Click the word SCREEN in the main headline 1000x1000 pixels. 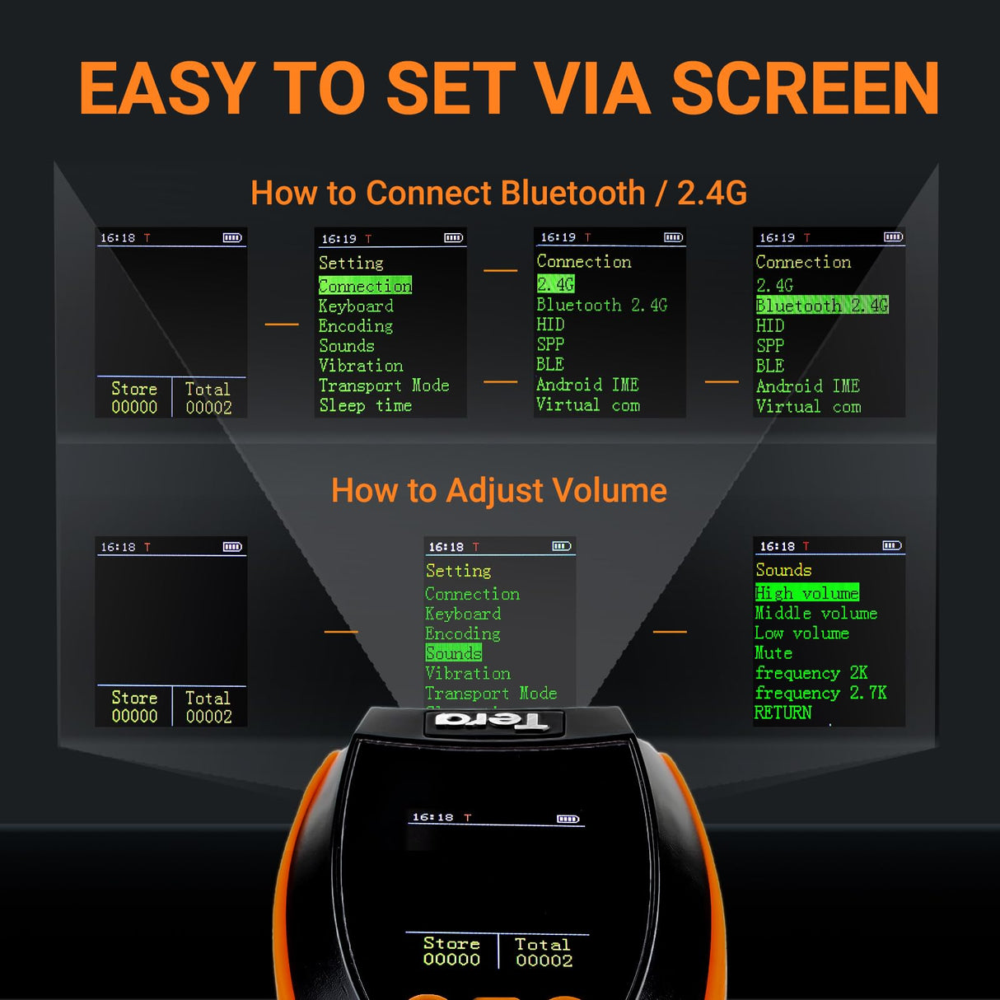[x=805, y=89]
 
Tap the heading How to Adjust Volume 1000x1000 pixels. [x=498, y=490]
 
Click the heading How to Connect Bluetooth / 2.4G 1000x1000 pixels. [x=498, y=193]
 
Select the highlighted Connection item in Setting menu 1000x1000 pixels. [x=365, y=286]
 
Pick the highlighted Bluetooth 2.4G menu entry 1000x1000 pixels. [x=821, y=306]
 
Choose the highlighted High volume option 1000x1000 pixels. [x=806, y=593]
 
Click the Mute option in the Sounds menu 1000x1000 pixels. [x=773, y=653]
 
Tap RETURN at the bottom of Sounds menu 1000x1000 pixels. [x=783, y=713]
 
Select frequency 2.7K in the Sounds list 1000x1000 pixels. [x=820, y=693]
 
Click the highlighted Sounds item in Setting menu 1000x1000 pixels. [x=453, y=653]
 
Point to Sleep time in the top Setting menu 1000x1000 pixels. [x=365, y=405]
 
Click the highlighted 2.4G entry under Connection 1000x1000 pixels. [x=555, y=284]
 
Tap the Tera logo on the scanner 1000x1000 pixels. [x=492, y=722]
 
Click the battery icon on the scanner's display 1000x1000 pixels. [x=568, y=819]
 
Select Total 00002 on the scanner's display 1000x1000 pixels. [x=544, y=952]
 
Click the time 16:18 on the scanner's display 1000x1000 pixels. [x=432, y=817]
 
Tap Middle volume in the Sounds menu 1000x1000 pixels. [x=815, y=614]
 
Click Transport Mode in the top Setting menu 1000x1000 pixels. [x=383, y=386]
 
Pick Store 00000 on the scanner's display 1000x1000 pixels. [x=451, y=951]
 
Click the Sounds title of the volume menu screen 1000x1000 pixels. [x=783, y=570]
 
